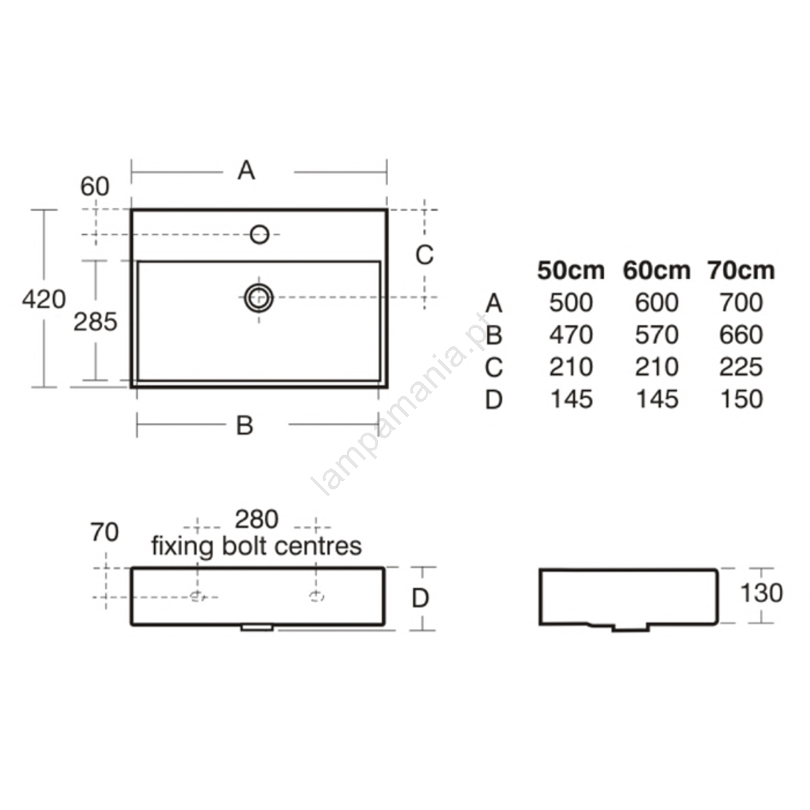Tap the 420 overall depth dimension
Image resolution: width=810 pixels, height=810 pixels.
[44, 299]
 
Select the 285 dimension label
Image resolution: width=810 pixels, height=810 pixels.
[95, 323]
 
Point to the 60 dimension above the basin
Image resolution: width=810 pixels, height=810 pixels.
[95, 186]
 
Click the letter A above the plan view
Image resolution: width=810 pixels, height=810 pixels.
[246, 170]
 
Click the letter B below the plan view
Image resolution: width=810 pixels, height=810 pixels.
[244, 425]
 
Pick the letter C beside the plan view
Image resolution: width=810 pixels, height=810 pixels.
[424, 254]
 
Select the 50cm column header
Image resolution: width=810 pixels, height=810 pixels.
[571, 270]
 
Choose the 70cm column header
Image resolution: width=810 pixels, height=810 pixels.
[741, 270]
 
